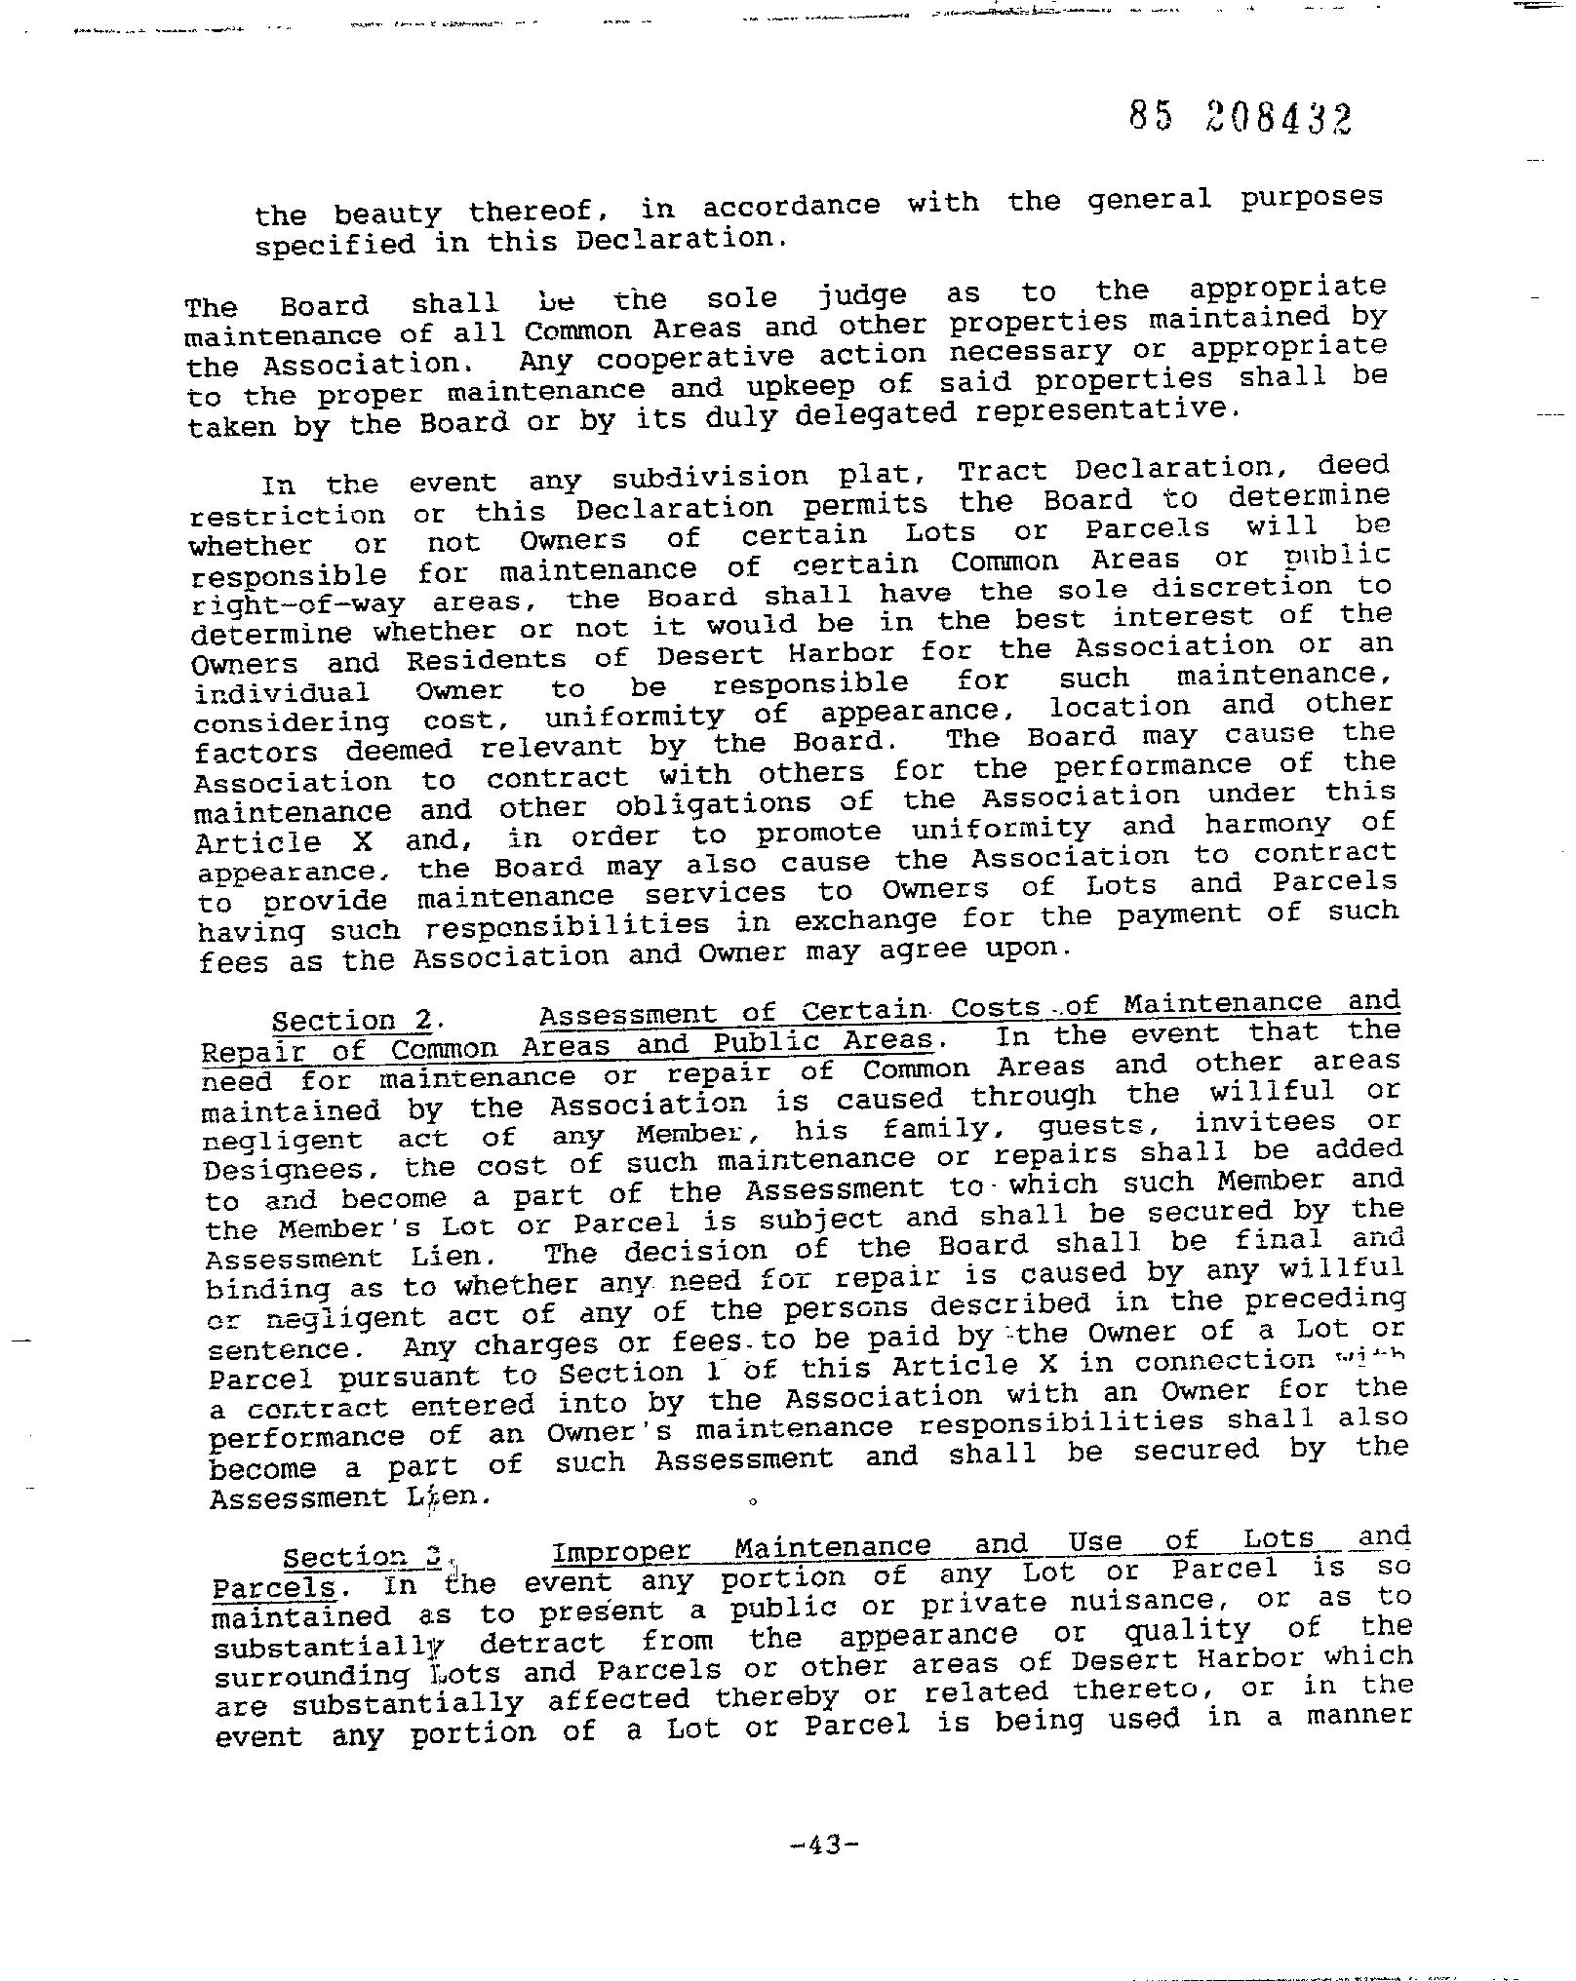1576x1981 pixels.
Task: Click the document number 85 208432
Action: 1241,119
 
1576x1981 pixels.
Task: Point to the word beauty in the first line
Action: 387,214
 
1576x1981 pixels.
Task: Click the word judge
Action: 862,294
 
